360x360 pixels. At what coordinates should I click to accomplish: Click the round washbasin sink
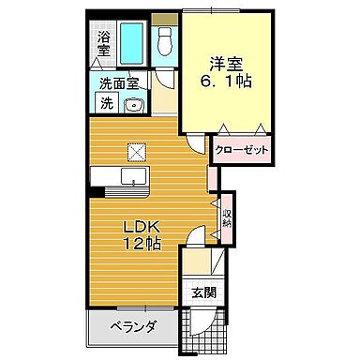click(134, 105)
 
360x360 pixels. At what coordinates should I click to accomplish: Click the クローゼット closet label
click(242, 150)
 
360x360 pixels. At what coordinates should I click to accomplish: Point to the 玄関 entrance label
click(203, 292)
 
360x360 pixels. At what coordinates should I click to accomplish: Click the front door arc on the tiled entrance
click(211, 323)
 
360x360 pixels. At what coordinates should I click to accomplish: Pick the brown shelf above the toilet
click(164, 19)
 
